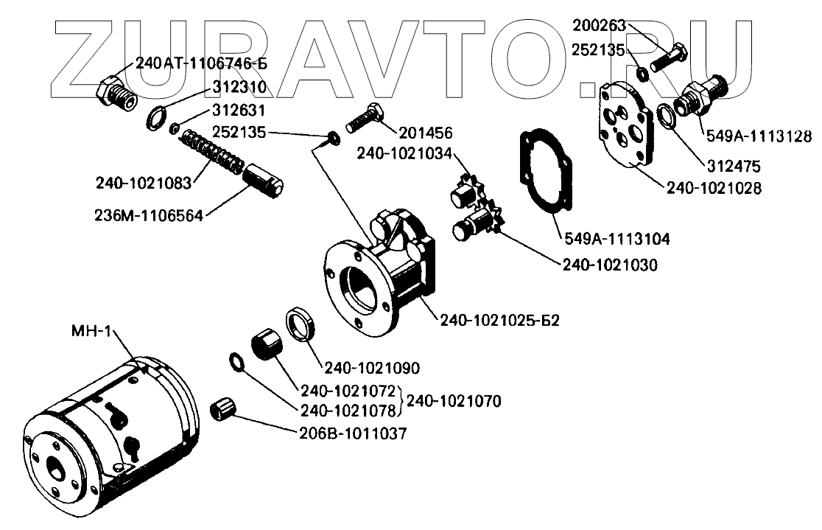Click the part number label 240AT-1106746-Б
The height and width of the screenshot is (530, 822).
200,63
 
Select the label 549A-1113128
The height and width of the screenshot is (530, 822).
758,136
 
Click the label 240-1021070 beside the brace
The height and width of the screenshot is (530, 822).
454,402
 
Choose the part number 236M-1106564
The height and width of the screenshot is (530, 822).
149,215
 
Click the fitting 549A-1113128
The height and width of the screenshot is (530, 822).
700,97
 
